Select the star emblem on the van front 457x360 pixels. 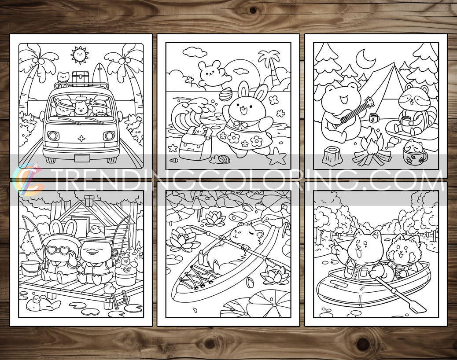point(81,139)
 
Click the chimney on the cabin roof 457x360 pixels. point(89,201)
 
